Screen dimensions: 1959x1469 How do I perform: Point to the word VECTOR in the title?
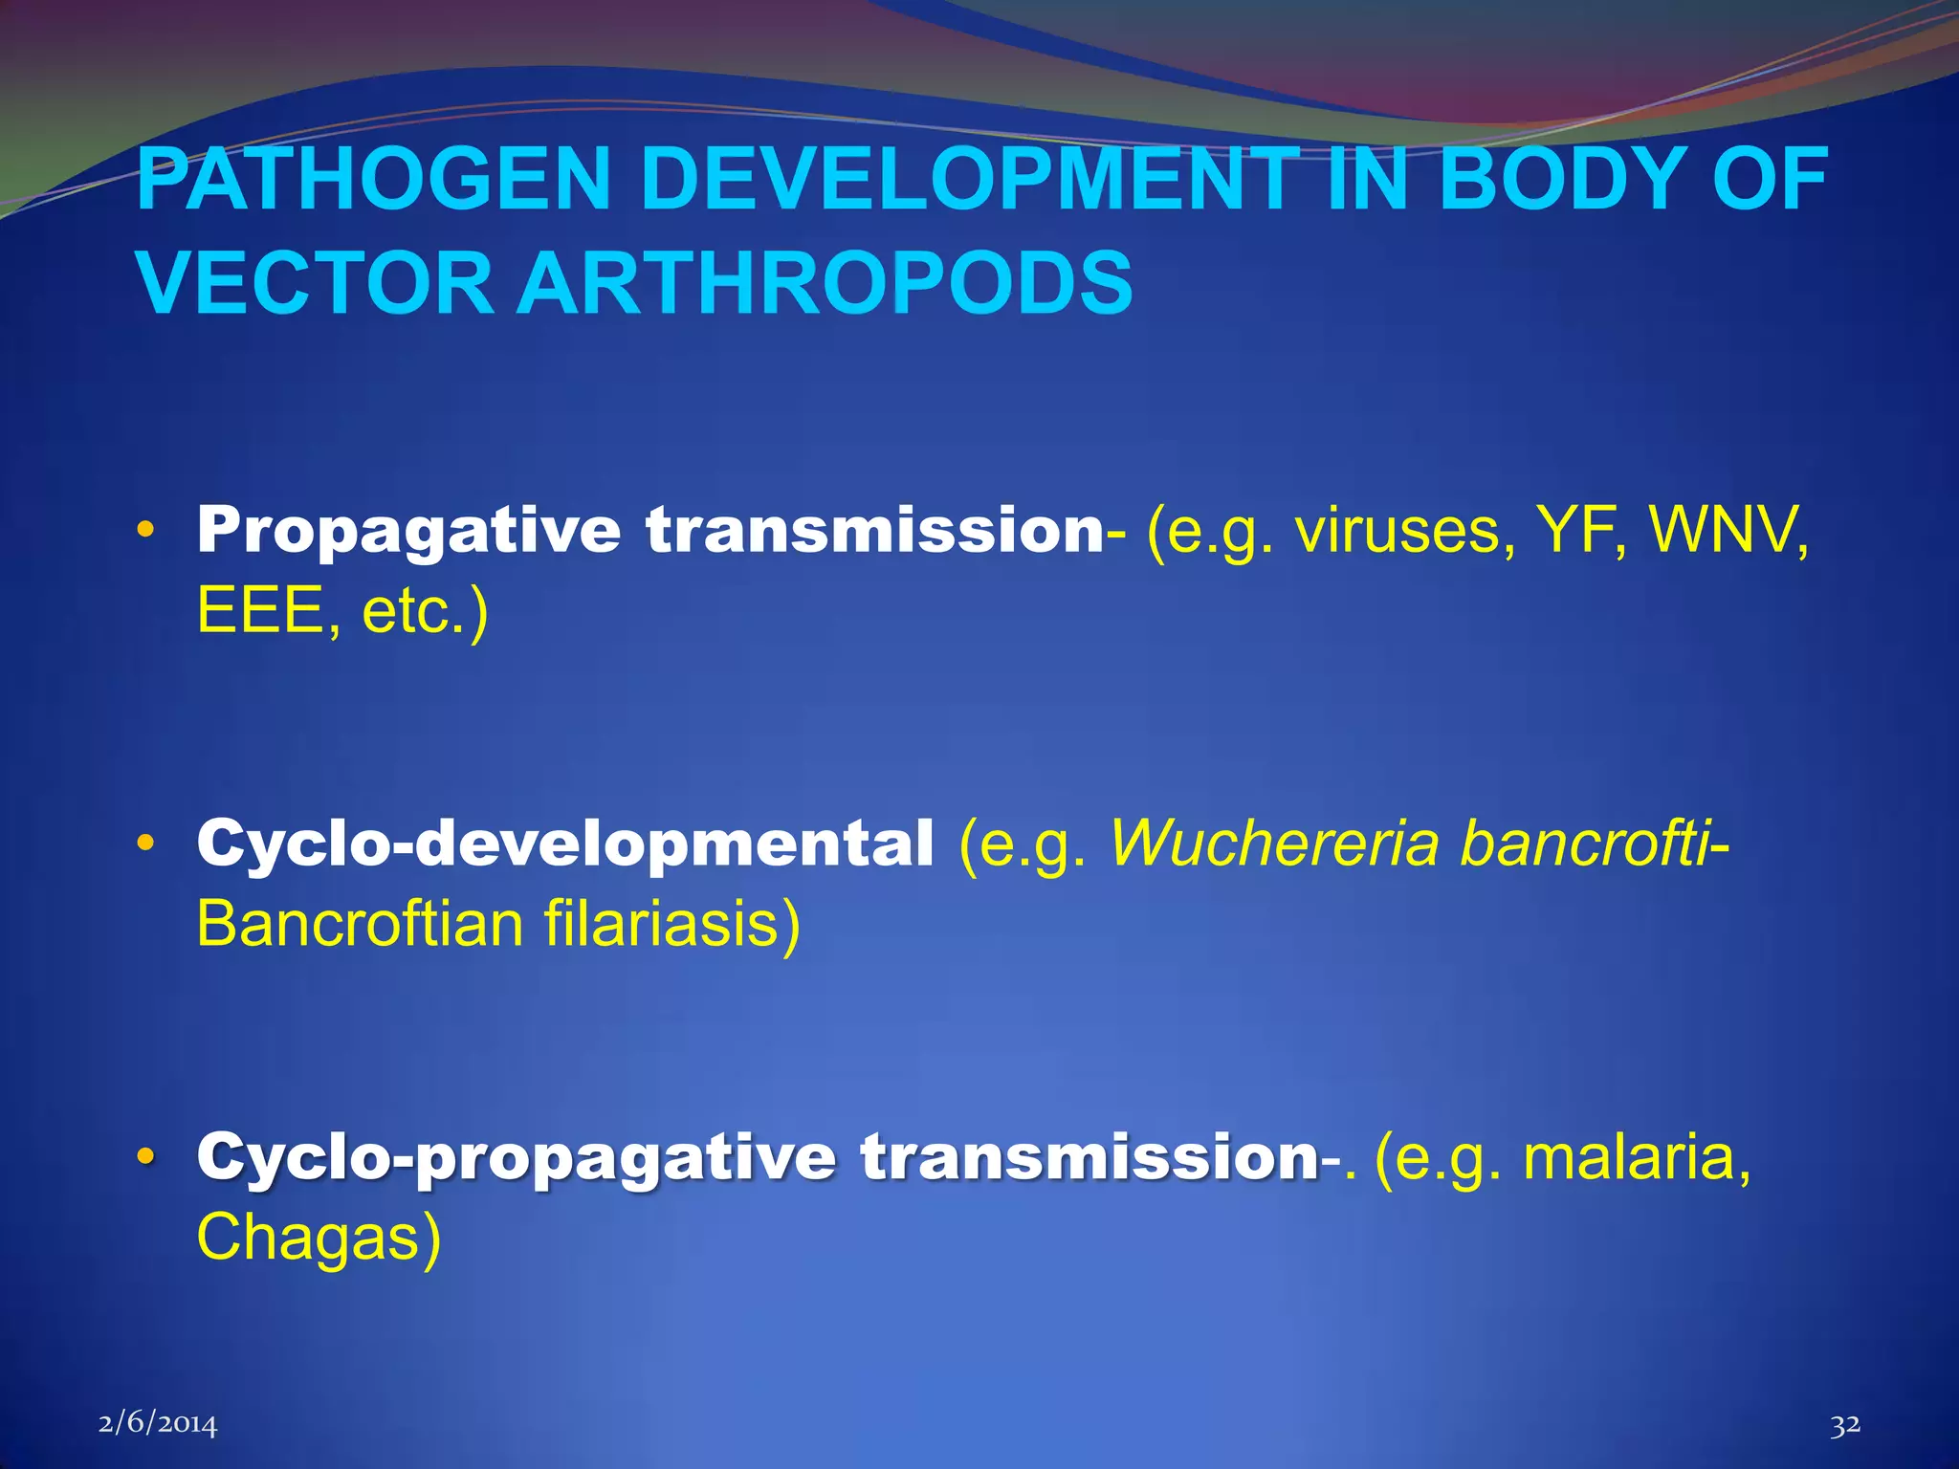[x=315, y=284]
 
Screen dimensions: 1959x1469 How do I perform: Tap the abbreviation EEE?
[x=260, y=611]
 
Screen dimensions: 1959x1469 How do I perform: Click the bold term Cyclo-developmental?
[x=564, y=844]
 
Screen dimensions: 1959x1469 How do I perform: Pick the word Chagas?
[x=318, y=1238]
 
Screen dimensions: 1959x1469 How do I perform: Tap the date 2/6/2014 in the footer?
[x=158, y=1424]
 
